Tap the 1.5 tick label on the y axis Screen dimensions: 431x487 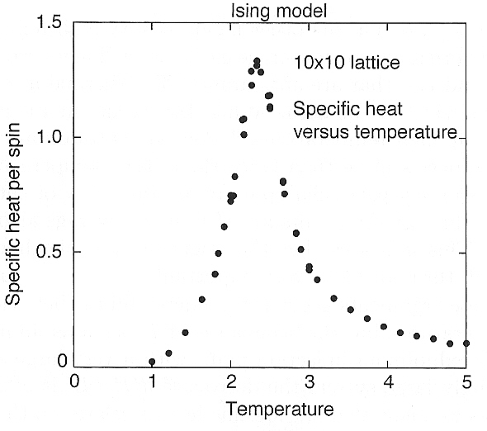(x=52, y=22)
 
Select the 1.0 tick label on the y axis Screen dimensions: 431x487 (x=52, y=137)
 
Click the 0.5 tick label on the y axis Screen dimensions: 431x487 (x=52, y=252)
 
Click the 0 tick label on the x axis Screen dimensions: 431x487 (x=74, y=382)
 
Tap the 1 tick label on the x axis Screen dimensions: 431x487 (x=153, y=382)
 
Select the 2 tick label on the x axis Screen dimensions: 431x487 (x=231, y=382)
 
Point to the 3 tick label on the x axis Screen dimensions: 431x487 (x=310, y=382)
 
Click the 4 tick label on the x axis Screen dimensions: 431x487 (x=388, y=382)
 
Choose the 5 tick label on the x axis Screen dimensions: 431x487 (x=466, y=382)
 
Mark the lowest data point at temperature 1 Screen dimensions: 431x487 (x=153, y=362)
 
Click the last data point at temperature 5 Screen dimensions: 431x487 (x=466, y=343)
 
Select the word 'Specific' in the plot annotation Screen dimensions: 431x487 (x=325, y=110)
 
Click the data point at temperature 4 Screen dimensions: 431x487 (x=384, y=327)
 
